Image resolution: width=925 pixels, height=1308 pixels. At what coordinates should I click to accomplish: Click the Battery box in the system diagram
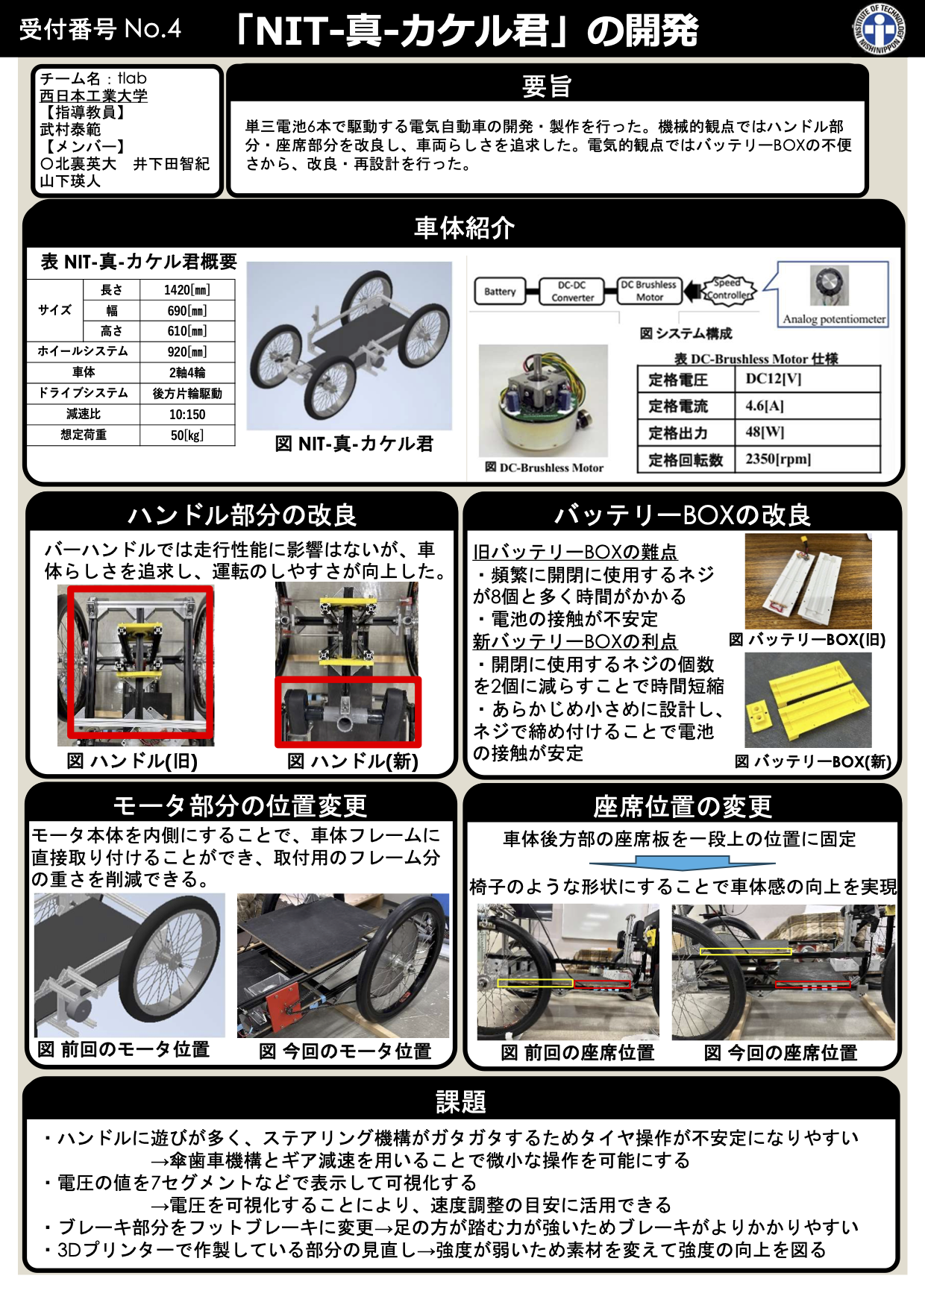[x=499, y=292]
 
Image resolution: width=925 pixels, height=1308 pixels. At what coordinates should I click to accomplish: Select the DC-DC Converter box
[x=572, y=291]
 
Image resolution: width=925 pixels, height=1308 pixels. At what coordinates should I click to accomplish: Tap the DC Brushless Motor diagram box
[x=649, y=291]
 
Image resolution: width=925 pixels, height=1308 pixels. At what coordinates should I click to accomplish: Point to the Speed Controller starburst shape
[x=728, y=289]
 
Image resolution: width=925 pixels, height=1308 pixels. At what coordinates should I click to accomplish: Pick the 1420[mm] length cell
[x=187, y=290]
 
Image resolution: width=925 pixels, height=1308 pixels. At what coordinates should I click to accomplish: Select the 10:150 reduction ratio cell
[x=187, y=415]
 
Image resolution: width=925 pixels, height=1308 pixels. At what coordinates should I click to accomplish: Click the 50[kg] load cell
[x=187, y=436]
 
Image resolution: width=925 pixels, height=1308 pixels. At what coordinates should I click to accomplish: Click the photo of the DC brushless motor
[x=543, y=401]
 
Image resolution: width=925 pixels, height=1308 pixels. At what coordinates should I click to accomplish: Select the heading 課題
[x=461, y=1101]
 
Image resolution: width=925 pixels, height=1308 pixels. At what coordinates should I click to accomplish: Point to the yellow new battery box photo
[x=808, y=700]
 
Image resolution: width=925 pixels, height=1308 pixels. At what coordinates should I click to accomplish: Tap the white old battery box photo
[x=808, y=582]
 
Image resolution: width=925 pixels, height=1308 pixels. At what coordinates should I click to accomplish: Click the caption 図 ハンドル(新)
[x=353, y=761]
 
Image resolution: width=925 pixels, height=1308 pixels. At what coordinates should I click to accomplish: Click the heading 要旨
[x=547, y=86]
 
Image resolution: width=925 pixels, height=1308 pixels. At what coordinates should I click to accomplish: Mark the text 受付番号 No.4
[x=100, y=29]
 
